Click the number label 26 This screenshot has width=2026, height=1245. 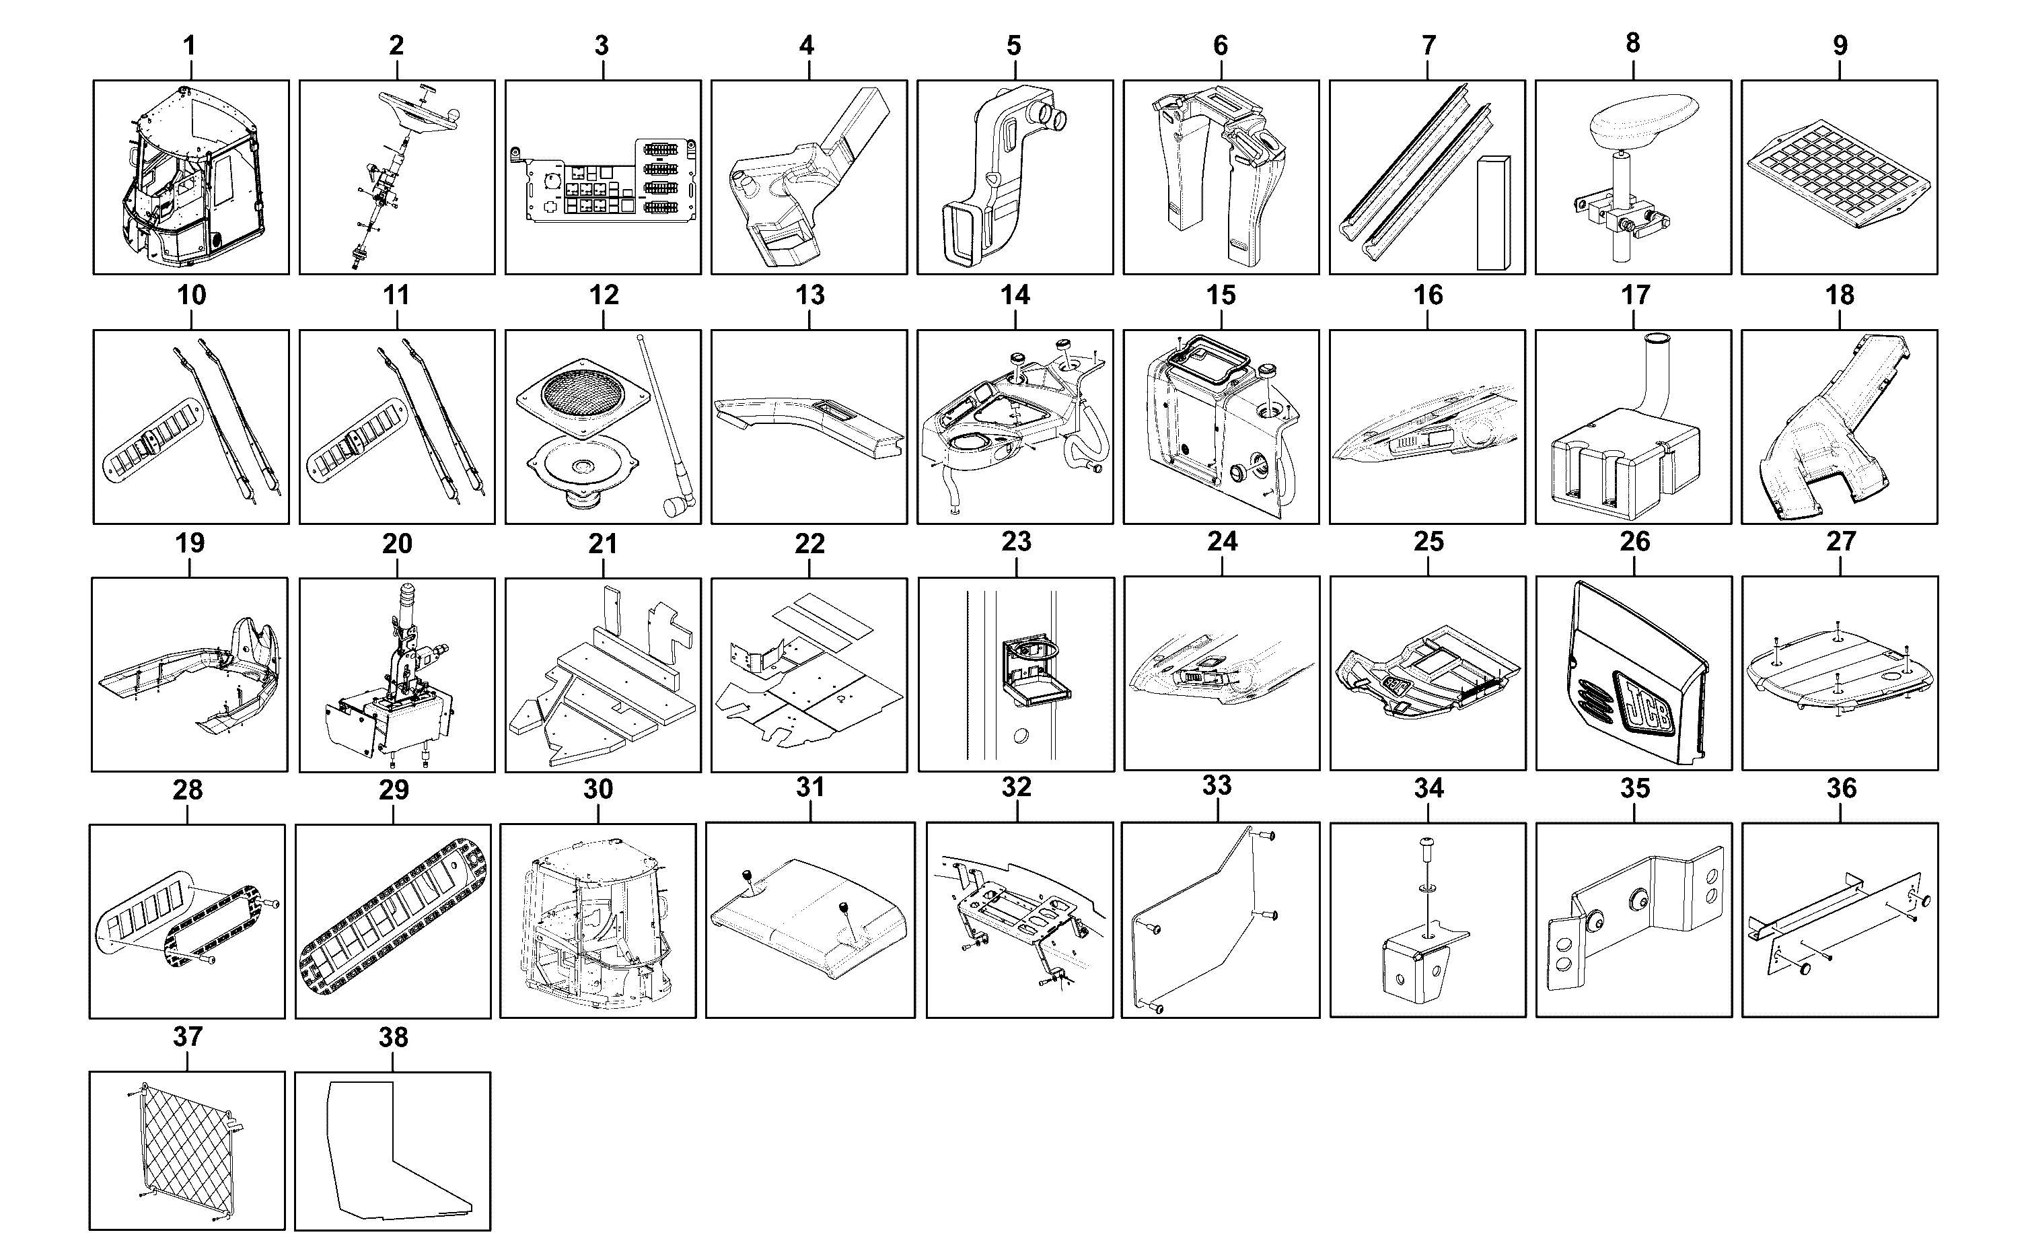(1634, 542)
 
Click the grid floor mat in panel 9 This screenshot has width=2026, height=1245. (1840, 176)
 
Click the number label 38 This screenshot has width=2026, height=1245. (394, 1038)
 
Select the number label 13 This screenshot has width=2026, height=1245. (810, 295)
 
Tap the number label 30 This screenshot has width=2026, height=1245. (598, 789)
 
